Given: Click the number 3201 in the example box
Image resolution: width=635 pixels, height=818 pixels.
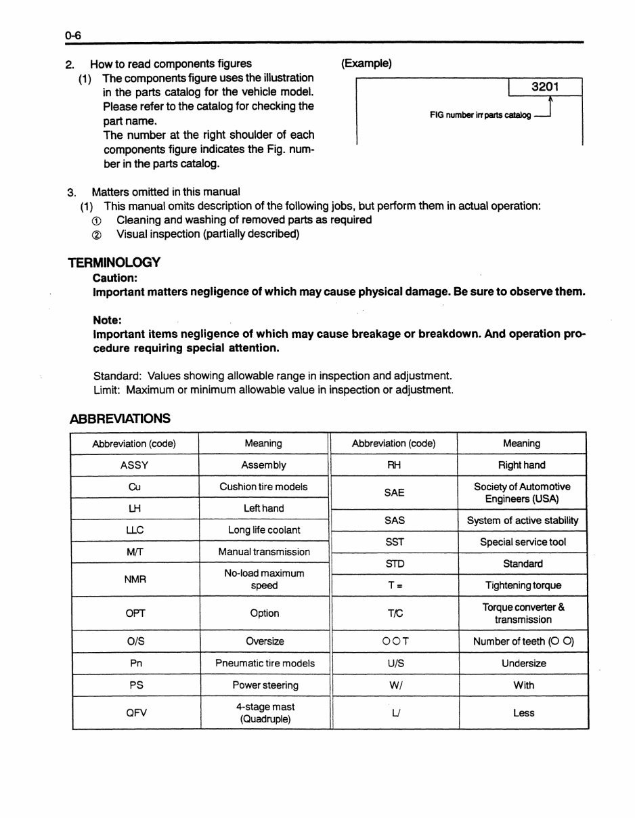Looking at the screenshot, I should [544, 87].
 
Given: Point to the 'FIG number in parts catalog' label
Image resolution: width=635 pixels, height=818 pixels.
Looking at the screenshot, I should [480, 115].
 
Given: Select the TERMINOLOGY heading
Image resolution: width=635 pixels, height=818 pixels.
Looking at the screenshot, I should [114, 263].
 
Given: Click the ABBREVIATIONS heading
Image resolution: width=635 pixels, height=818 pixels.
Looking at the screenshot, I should [120, 418].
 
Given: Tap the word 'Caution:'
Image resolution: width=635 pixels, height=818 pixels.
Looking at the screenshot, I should [115, 278].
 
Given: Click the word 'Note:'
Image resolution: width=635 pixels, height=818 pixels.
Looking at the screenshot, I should [107, 320].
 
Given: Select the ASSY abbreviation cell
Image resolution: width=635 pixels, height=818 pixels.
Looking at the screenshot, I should [134, 465].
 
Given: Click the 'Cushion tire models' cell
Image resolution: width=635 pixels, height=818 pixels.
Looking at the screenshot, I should [263, 487].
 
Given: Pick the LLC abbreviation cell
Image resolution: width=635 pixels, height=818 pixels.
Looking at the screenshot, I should [134, 530].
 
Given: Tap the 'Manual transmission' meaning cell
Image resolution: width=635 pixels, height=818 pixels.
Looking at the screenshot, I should [264, 552].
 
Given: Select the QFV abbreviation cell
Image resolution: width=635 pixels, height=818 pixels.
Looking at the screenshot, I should [136, 712].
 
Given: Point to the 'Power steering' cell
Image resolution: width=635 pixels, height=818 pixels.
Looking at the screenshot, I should [265, 685].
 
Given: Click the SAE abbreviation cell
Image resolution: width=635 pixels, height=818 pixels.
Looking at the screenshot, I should [394, 493].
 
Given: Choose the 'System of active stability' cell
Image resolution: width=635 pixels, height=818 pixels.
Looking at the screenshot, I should [523, 521].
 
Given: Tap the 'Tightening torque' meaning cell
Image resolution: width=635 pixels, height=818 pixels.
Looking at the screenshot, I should [523, 586].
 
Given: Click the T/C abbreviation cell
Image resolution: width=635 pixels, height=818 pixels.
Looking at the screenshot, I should [394, 613].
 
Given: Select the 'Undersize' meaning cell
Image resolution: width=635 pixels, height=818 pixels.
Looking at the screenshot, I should [523, 664].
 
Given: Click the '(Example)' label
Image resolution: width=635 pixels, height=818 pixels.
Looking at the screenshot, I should [366, 64].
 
